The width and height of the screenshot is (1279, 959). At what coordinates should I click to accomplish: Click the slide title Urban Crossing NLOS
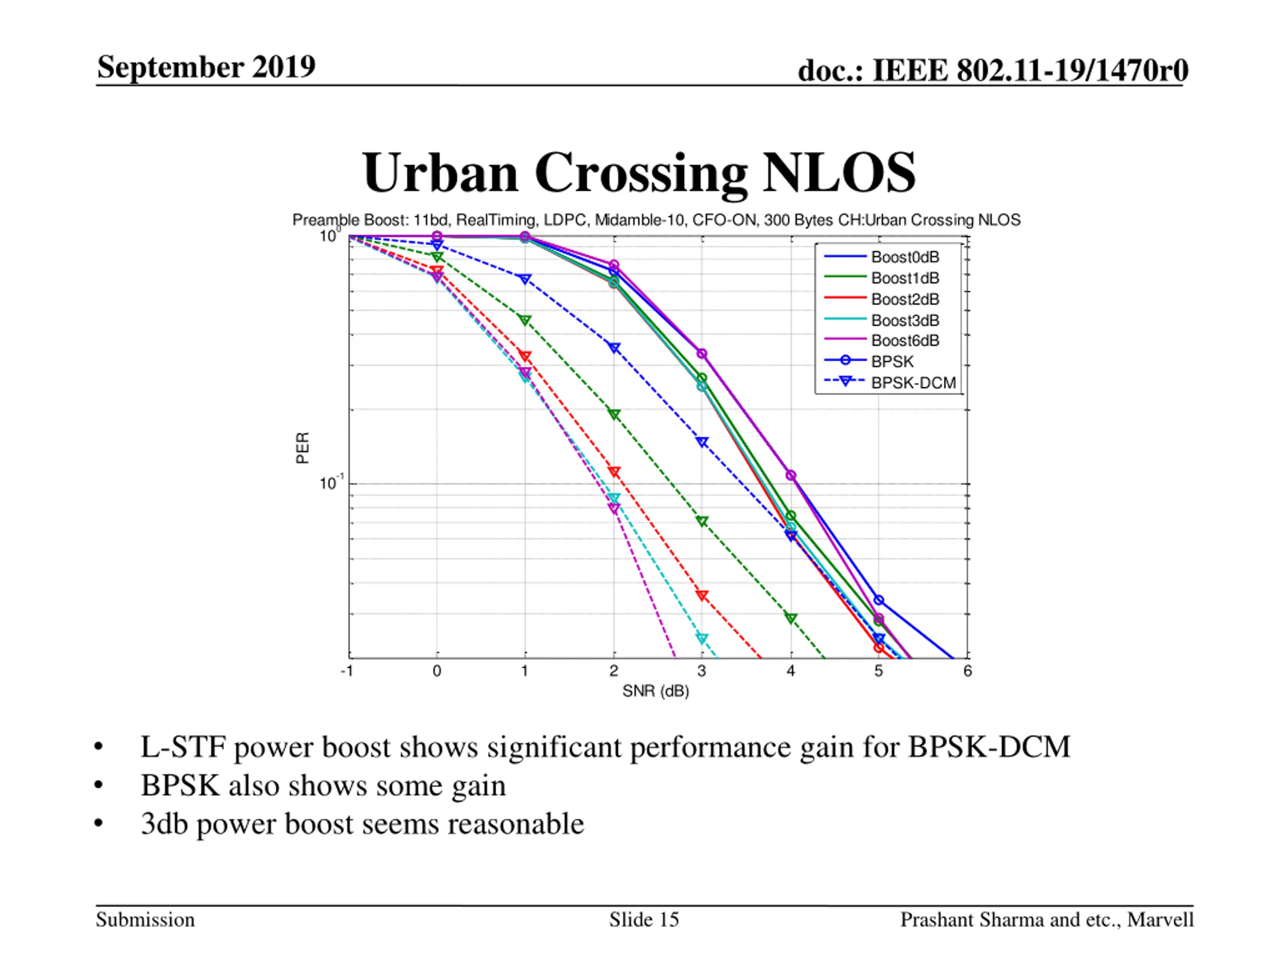click(x=639, y=173)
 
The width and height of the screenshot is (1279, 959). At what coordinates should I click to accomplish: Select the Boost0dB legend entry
click(x=905, y=257)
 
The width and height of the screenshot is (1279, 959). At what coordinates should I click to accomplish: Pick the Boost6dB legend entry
click(x=905, y=341)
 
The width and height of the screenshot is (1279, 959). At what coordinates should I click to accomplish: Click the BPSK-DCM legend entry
click(x=913, y=383)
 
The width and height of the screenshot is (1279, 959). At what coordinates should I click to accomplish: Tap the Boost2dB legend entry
click(x=905, y=299)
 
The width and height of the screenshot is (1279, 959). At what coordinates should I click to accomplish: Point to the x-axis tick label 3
click(x=701, y=671)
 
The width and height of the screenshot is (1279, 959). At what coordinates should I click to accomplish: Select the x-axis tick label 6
click(x=967, y=671)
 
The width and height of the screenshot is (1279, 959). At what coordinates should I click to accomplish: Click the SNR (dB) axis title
click(x=655, y=691)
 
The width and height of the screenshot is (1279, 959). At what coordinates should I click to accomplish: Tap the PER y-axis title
click(x=302, y=448)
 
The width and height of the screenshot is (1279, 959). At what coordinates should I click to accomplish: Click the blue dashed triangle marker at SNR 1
click(x=525, y=279)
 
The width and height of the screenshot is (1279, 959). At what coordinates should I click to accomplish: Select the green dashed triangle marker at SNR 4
click(x=790, y=618)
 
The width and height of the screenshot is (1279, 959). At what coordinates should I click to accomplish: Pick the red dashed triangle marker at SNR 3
click(x=702, y=595)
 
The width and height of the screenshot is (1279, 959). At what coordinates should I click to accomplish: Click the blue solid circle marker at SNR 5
click(x=878, y=600)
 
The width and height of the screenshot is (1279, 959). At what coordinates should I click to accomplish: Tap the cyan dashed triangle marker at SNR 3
click(x=702, y=639)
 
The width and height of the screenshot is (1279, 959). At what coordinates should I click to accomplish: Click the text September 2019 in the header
click(x=206, y=67)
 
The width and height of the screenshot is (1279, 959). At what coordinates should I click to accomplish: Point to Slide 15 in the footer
click(x=643, y=920)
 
